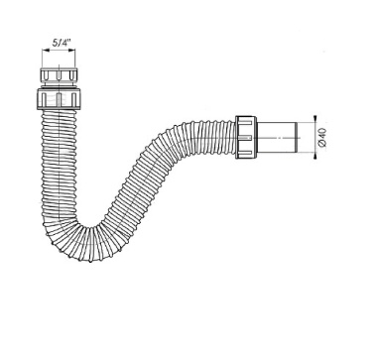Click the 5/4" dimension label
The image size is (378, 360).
click(61, 43)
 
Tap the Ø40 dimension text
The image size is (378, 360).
click(322, 137)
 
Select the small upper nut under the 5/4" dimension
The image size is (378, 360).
click(59, 74)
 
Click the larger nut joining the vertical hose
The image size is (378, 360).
click(59, 98)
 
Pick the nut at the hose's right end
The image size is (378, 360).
click(246, 137)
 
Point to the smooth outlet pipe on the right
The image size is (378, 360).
click(278, 138)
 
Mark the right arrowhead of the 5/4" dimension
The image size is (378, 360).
click(72, 51)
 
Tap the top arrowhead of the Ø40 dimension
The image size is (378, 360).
click(315, 119)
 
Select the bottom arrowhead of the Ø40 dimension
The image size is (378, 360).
click(315, 156)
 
